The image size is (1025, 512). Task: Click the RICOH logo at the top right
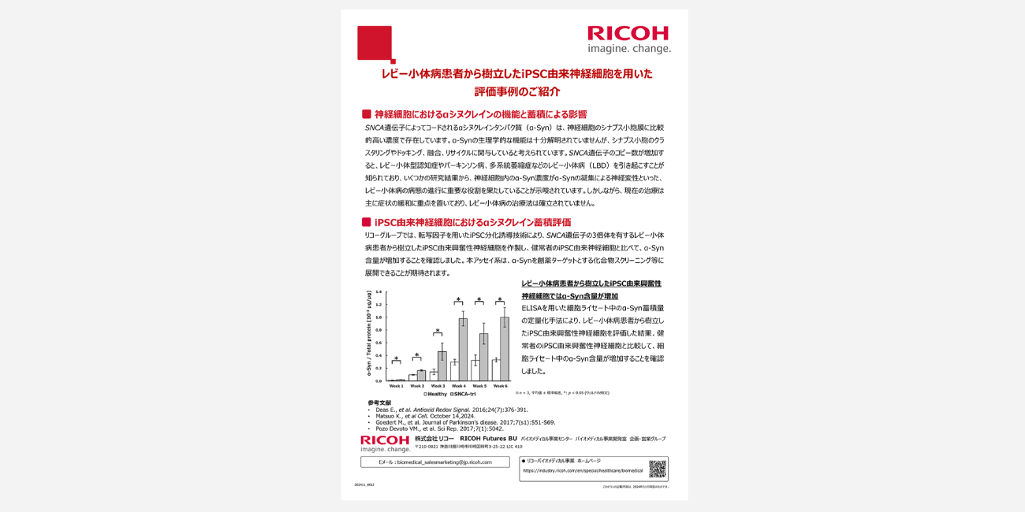[628, 33]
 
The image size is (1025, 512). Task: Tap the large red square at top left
[375, 43]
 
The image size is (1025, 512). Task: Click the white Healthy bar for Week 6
[495, 370]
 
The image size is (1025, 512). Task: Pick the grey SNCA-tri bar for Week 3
[442, 366]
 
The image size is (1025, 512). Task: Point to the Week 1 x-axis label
[396, 386]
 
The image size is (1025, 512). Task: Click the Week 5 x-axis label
[479, 386]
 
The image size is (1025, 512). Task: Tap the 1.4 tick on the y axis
[378, 292]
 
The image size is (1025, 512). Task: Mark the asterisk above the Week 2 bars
[416, 355]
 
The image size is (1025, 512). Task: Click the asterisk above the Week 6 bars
[500, 300]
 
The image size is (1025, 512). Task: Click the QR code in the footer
[658, 469]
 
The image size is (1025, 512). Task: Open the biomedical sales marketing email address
[435, 462]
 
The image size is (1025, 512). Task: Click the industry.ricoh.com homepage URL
[583, 470]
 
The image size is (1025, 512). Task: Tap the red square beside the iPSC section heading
[366, 222]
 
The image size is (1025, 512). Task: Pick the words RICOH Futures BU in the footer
[488, 438]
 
